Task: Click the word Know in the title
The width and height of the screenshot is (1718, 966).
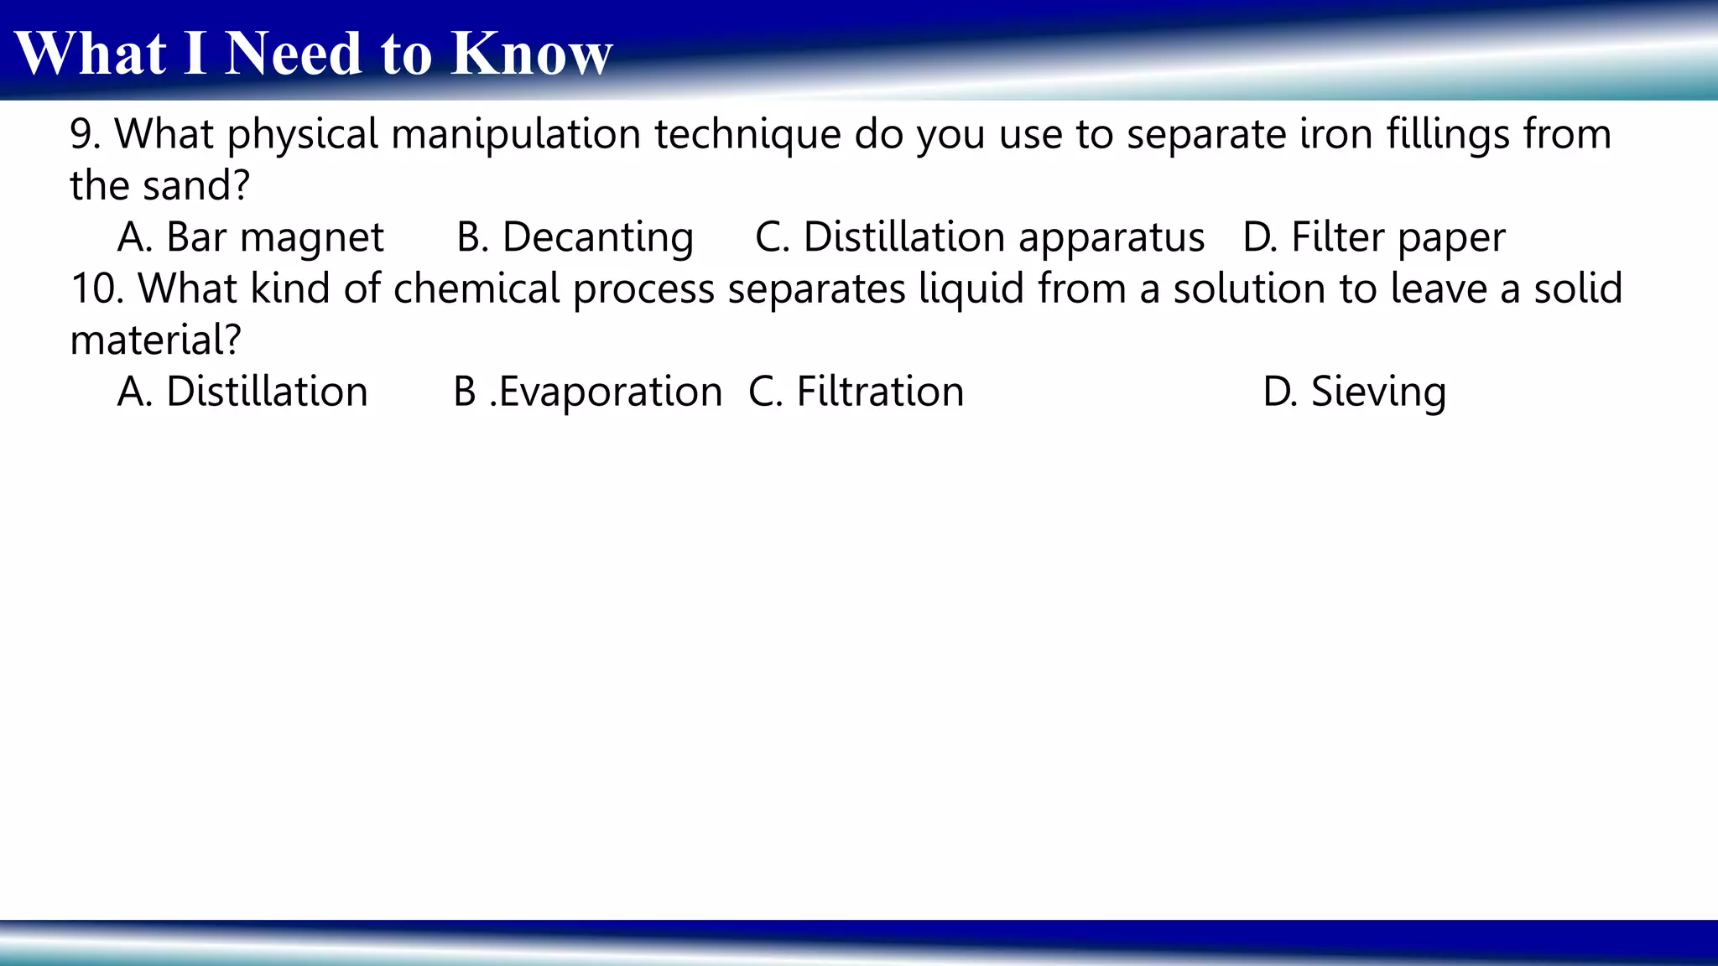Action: (531, 54)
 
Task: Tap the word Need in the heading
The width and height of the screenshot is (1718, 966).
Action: (294, 54)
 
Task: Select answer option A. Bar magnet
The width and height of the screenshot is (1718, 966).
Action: (250, 237)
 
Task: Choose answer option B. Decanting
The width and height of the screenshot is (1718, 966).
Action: (575, 237)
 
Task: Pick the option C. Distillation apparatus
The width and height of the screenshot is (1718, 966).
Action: (979, 237)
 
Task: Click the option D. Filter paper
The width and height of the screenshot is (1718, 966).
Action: (1373, 237)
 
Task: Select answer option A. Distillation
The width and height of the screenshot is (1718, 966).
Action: (242, 392)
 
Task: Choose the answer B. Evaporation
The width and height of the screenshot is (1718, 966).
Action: (587, 392)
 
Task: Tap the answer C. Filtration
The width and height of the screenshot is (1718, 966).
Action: (856, 392)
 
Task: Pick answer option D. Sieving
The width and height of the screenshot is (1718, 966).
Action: (1354, 392)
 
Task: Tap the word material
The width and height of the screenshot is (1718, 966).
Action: (154, 340)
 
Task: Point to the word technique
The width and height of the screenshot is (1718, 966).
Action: (747, 134)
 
